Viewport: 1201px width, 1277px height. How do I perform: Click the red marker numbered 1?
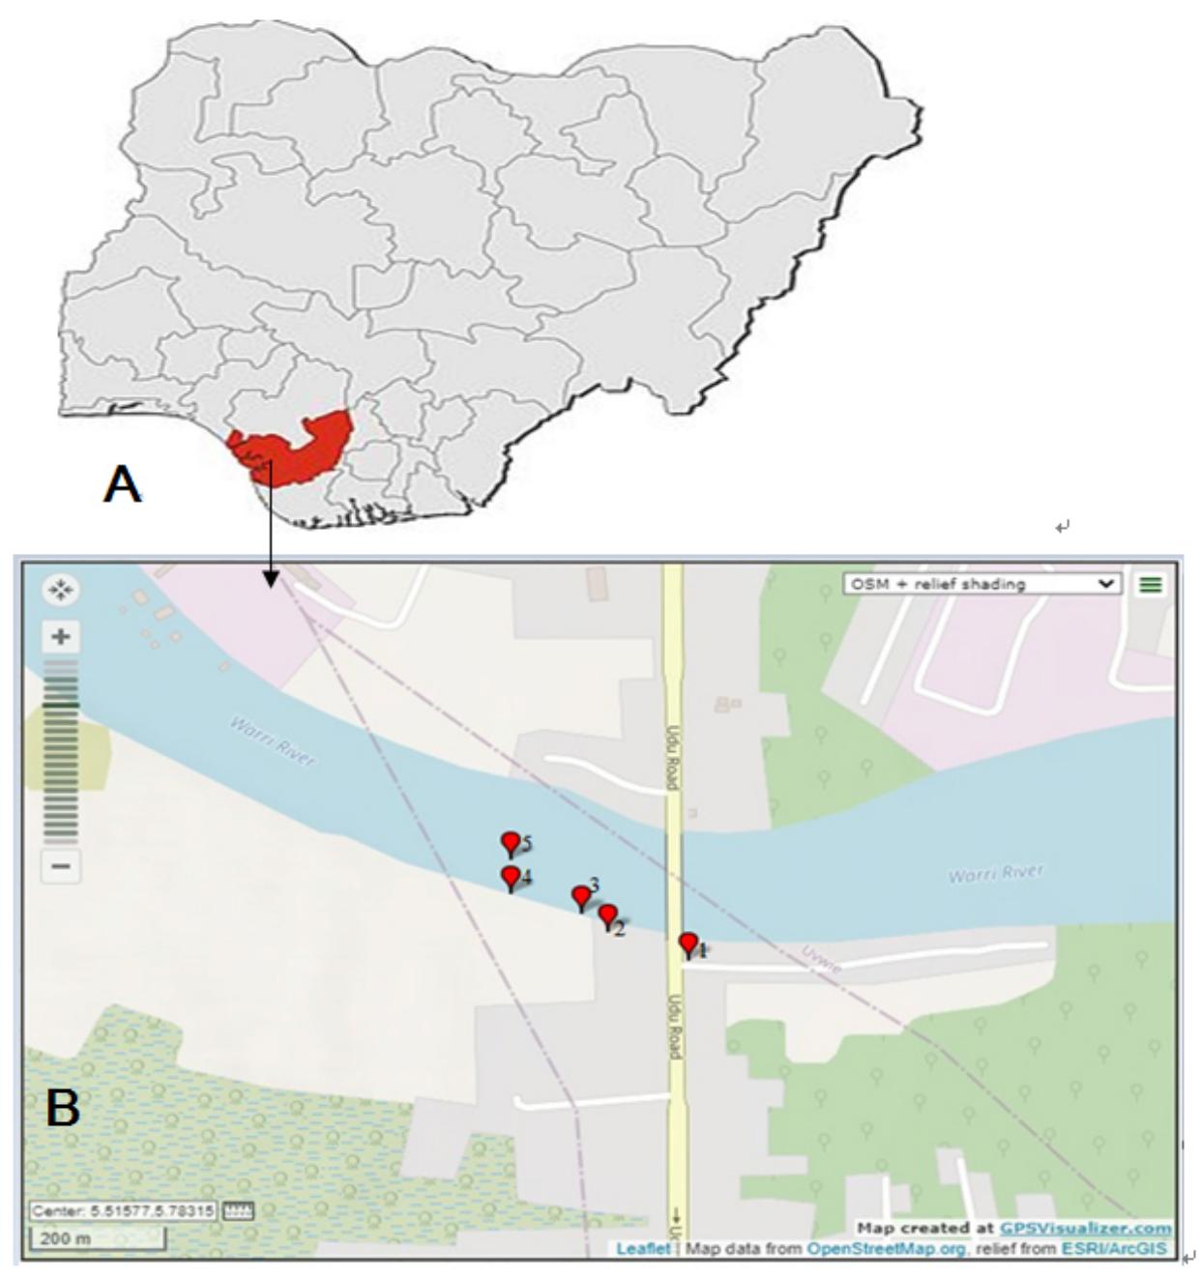[688, 943]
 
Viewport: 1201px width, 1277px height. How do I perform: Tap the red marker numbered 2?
[607, 915]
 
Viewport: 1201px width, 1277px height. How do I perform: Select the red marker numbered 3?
[581, 897]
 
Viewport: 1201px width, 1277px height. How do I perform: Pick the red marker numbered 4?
[511, 877]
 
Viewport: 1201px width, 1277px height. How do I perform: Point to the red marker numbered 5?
[511, 843]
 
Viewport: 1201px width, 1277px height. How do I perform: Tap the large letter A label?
[122, 483]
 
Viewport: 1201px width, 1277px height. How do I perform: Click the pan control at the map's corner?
[61, 590]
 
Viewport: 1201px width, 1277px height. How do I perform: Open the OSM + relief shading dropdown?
[982, 584]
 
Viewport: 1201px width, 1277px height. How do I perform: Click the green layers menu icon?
[1150, 584]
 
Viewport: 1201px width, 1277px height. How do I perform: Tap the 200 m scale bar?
[97, 1238]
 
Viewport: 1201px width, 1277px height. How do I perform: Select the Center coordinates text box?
[124, 1210]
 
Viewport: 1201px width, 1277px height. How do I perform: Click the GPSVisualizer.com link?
[1086, 1228]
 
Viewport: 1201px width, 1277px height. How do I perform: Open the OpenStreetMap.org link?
[887, 1249]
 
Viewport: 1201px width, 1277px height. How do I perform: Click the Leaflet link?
[643, 1249]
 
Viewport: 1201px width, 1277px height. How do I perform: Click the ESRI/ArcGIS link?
[1114, 1249]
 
